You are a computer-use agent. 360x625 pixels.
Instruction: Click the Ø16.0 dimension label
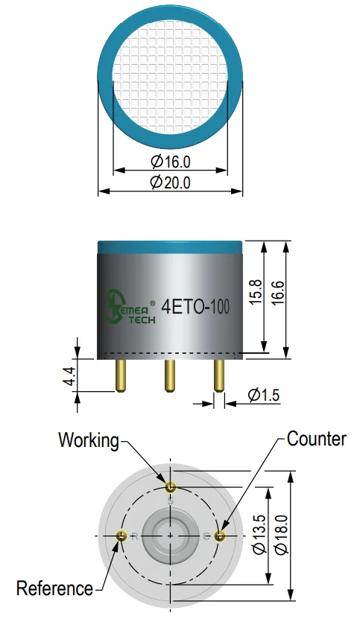pos(171,162)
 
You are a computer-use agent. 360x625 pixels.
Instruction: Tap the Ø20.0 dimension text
pos(170,183)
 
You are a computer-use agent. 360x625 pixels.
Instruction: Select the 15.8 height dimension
pos(256,292)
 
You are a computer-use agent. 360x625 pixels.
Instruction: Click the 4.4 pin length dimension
pos(69,376)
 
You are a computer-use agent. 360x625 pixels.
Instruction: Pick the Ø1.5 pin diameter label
pos(264,395)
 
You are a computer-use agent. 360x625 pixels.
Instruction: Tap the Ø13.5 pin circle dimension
pos(259,534)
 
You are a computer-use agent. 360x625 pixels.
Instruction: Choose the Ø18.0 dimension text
pos(282,534)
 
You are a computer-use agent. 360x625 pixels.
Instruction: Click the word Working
pos(89,441)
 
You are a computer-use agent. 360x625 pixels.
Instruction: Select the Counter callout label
pos(317,439)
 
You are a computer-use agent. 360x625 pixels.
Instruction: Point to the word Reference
pos(54,588)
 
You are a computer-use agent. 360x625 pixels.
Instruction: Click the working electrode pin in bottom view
pos(171,486)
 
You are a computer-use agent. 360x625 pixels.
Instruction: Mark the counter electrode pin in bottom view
pos(220,536)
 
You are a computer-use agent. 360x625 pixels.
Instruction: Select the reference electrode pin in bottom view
pos(121,536)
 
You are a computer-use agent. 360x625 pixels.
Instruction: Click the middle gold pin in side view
pos(170,375)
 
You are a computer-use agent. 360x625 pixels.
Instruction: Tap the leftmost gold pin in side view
pos(121,375)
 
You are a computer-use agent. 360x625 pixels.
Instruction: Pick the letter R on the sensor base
pos(134,536)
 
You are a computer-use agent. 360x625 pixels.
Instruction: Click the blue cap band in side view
pos(170,247)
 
